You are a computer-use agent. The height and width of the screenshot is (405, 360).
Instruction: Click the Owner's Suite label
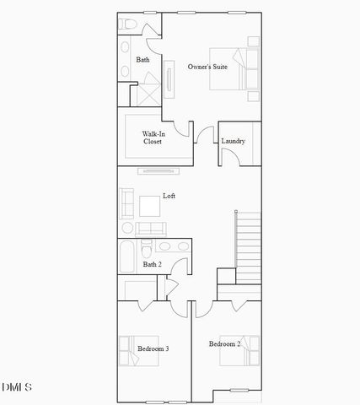pos(207,66)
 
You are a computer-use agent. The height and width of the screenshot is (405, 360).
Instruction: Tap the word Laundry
pos(234,141)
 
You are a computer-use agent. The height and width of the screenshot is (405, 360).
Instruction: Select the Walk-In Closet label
pos(153,138)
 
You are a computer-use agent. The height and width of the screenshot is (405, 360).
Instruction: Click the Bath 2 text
pos(152,264)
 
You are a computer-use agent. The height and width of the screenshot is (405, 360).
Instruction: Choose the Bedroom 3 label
pos(153,348)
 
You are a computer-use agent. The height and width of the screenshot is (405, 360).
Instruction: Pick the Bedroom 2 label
pos(225,344)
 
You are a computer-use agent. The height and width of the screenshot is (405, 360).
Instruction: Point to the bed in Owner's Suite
pos(245,68)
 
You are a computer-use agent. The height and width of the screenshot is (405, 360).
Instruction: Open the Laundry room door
pos(228,157)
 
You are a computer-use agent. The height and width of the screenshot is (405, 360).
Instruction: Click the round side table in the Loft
pos(127,228)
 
